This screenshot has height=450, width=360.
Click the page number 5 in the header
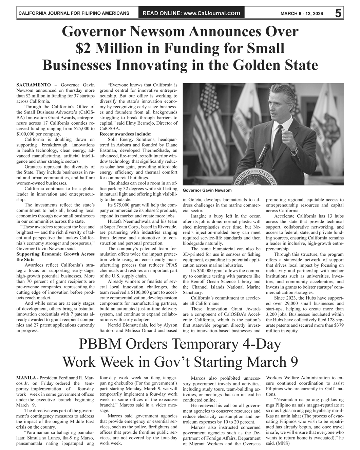[x=338, y=13]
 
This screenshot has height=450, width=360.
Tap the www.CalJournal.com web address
[x=211, y=14]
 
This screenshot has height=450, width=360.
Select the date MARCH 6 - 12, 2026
[x=302, y=14]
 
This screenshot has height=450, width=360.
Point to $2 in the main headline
[x=83, y=48]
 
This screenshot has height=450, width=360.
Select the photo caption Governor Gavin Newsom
[x=207, y=190]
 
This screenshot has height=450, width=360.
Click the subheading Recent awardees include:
[x=126, y=134]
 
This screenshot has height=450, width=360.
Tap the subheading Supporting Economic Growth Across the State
[x=55, y=257]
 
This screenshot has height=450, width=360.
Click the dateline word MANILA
[x=26, y=378]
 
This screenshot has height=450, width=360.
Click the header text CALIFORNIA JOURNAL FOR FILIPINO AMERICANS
[x=73, y=14]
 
